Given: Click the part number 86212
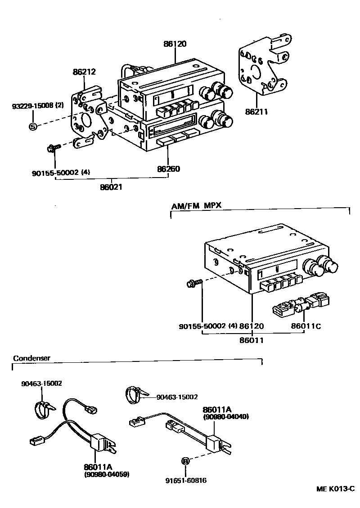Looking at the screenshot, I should pos(85,72).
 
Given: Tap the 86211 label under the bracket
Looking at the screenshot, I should pos(256,111).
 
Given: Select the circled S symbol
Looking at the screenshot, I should pos(33,126).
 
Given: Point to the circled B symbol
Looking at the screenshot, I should pos(185,461).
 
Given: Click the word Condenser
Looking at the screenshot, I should pos(31,358).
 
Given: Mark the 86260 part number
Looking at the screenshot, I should pos(168,169).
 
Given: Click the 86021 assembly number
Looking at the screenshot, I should pos(111,186).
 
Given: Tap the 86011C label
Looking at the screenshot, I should pos(306,327).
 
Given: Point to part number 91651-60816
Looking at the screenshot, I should pos(185,480).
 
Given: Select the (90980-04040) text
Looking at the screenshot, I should pos(226,417).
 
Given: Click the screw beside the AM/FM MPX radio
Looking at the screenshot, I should pos(193,283).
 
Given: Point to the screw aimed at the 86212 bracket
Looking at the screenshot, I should pos(53,147).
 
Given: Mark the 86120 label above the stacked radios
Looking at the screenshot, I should pos(175,44).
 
